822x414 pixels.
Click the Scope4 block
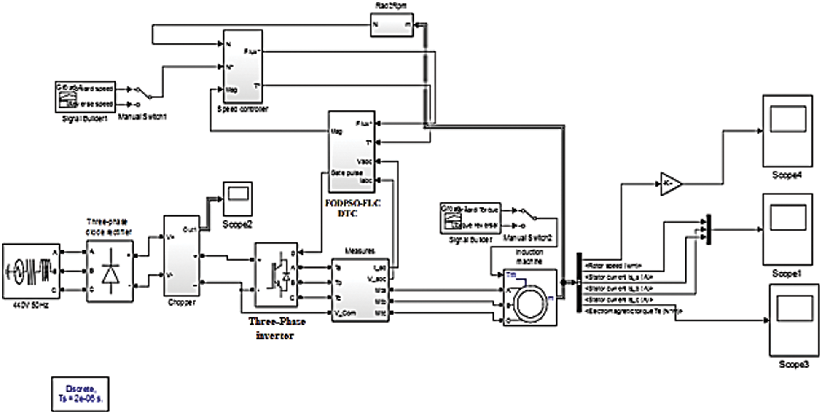[787, 131]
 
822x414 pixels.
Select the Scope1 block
[787, 229]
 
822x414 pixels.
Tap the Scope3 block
[794, 320]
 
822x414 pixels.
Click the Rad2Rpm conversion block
[392, 25]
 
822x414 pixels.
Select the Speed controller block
[242, 66]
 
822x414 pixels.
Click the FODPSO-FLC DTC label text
[352, 208]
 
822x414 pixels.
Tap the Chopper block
[181, 256]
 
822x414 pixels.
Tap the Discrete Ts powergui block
[80, 394]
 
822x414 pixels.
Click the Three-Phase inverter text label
[276, 328]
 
